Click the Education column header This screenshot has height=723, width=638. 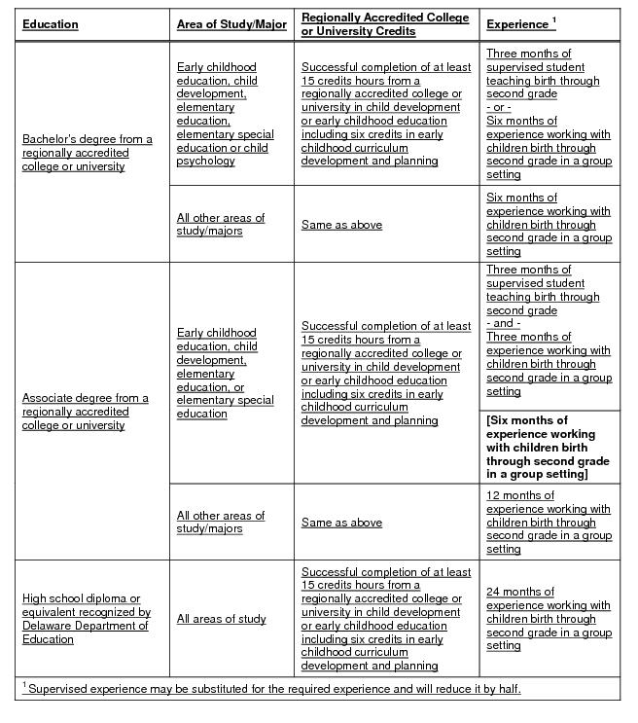pos(51,24)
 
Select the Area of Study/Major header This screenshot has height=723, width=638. pos(231,24)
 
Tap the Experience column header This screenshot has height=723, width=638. pos(516,23)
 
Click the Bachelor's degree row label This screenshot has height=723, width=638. pos(88,153)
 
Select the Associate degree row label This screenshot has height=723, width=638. pos(86,412)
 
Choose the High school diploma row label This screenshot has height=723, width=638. pos(87,619)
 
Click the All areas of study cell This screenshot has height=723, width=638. pos(221,619)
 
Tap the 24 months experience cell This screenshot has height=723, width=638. pos(549,619)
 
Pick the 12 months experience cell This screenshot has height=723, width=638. pos(549,523)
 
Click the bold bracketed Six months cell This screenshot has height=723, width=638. pos(549,448)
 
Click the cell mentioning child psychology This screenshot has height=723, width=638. pos(225,114)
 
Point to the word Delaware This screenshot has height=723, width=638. pos(45,626)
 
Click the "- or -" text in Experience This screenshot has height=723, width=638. pos(499,107)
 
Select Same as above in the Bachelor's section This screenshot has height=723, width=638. pos(341,225)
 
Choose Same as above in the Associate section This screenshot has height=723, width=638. pos(341,523)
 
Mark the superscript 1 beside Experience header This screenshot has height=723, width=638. pos(553,19)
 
